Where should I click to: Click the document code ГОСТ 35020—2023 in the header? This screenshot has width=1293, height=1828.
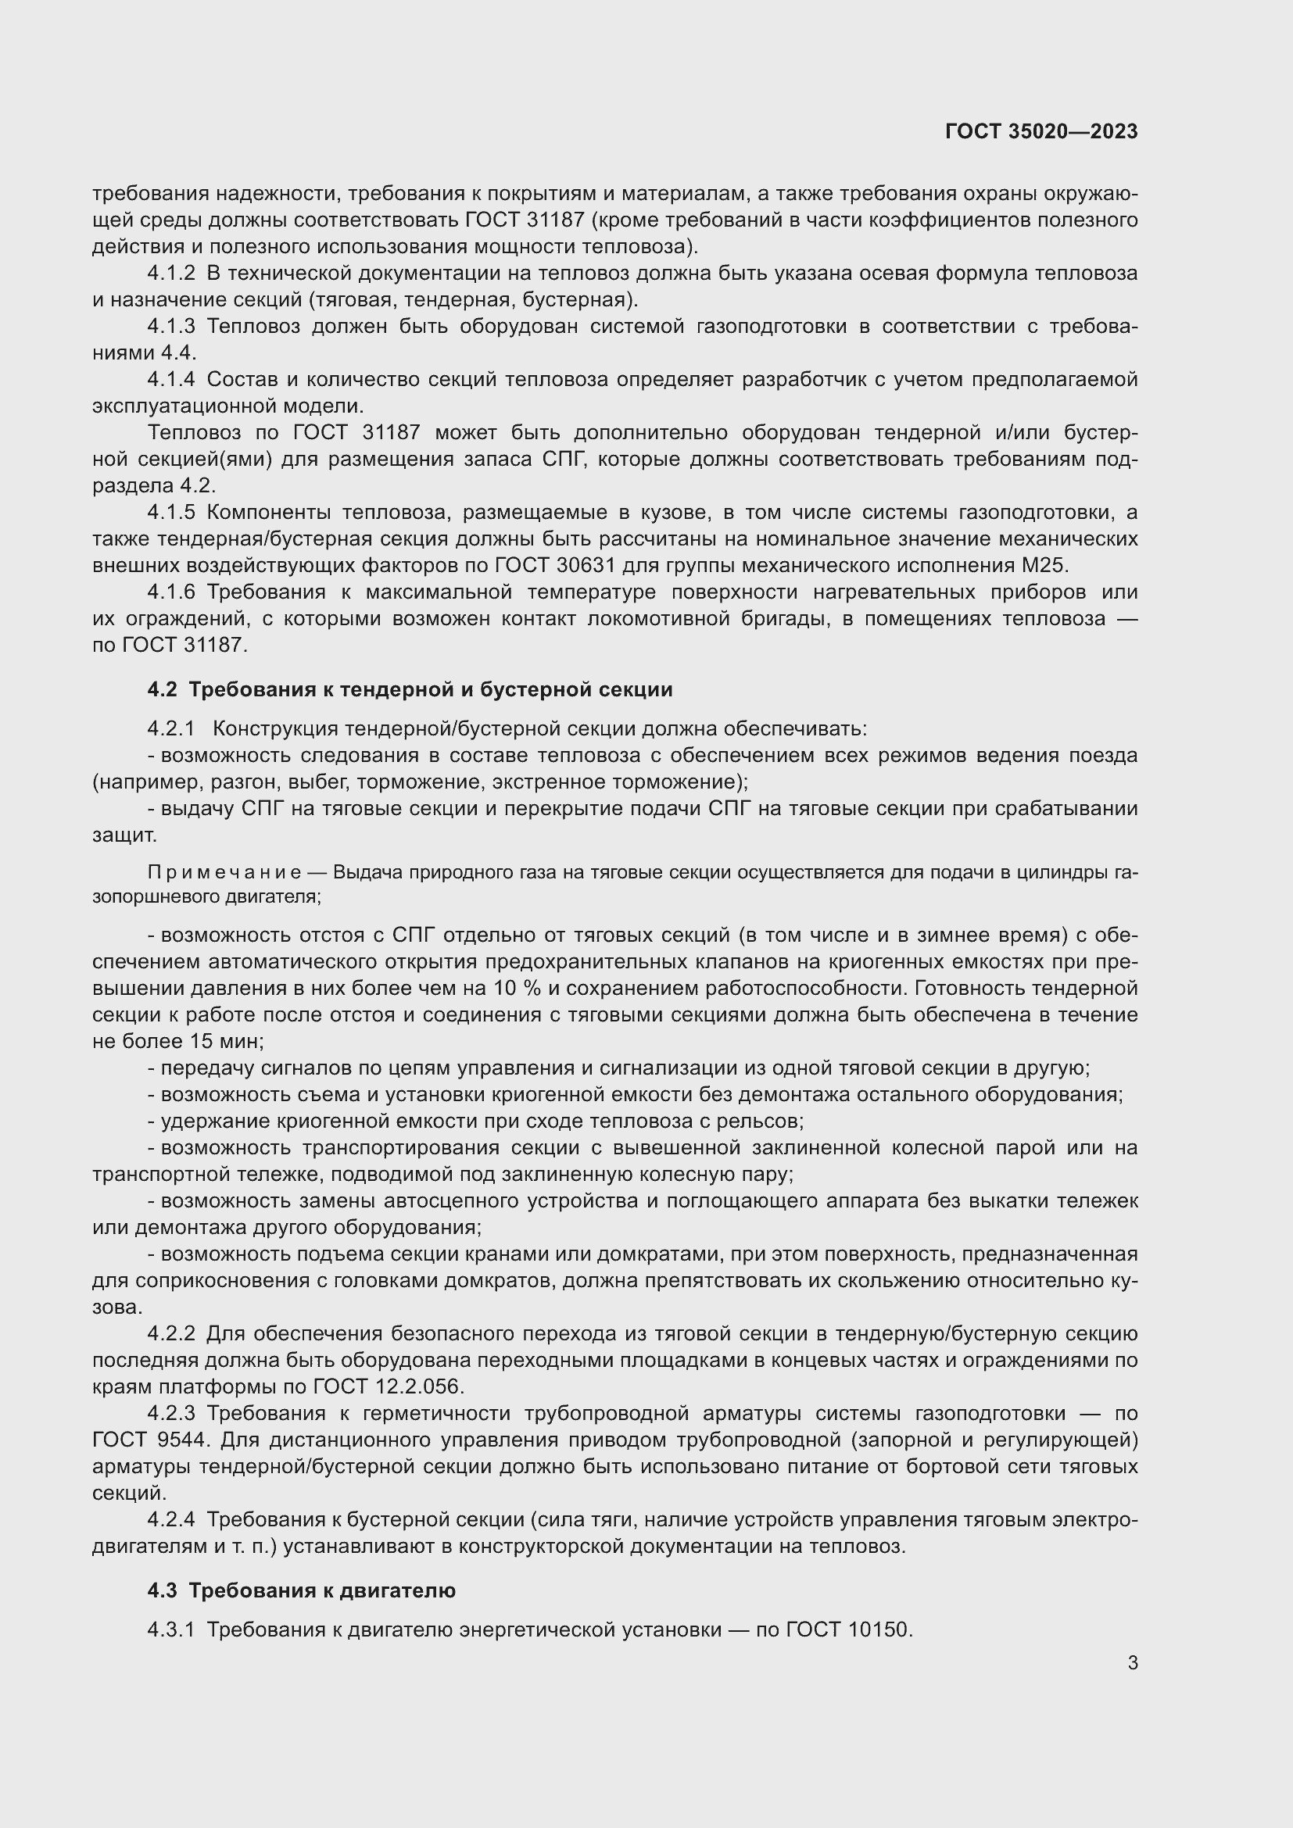point(1040,131)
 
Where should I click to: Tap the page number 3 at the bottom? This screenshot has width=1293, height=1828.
point(1132,1662)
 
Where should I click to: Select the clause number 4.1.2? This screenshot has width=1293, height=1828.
point(170,273)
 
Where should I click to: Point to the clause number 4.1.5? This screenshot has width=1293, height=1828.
point(170,512)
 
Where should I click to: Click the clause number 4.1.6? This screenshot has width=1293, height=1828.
point(170,592)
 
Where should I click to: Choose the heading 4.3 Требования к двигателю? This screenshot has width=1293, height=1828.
point(301,1590)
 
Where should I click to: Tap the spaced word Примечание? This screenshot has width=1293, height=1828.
point(224,873)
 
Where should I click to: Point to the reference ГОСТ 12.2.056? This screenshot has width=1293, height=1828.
point(387,1386)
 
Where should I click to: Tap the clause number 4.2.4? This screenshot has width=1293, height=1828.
point(170,1519)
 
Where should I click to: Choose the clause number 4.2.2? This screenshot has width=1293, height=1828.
point(170,1333)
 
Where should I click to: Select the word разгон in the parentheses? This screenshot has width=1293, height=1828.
point(236,782)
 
